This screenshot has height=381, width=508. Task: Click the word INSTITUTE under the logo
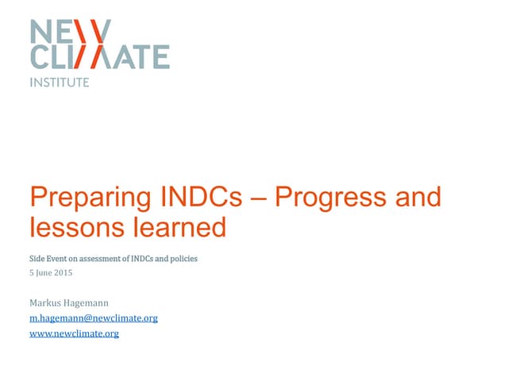pos(59,82)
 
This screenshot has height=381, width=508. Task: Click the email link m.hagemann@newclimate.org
pos(93,317)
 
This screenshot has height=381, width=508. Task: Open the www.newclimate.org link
pos(74,333)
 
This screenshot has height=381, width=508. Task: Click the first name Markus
pos(46,302)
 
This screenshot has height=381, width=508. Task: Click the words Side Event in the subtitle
pos(47,259)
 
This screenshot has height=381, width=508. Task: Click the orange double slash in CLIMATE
pos(94,56)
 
